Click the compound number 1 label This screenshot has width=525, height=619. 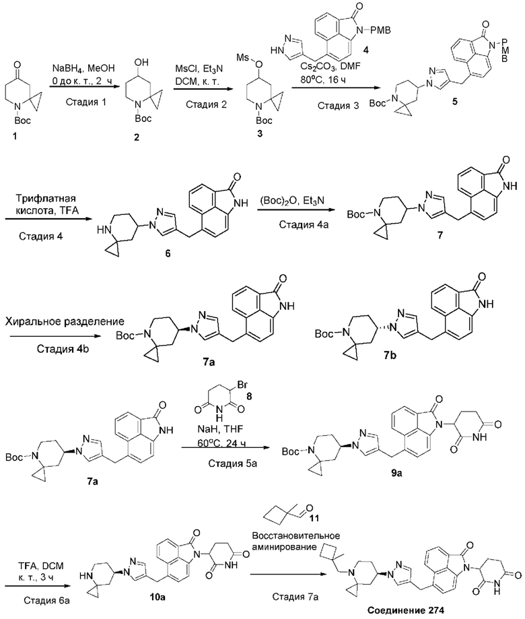click(15, 136)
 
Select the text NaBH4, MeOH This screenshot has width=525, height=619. click(83, 68)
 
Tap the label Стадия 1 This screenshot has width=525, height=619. click(86, 102)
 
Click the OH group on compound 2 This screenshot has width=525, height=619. click(141, 62)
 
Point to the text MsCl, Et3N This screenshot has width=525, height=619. click(199, 69)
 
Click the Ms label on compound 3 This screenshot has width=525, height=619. click(242, 58)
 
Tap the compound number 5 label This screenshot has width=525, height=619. click(455, 102)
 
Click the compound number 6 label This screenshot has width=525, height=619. click(168, 253)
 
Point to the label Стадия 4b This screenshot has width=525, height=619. click(63, 349)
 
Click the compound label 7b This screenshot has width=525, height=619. click(391, 355)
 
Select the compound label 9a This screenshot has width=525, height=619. click(397, 473)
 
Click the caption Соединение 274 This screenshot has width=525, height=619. click(405, 610)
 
